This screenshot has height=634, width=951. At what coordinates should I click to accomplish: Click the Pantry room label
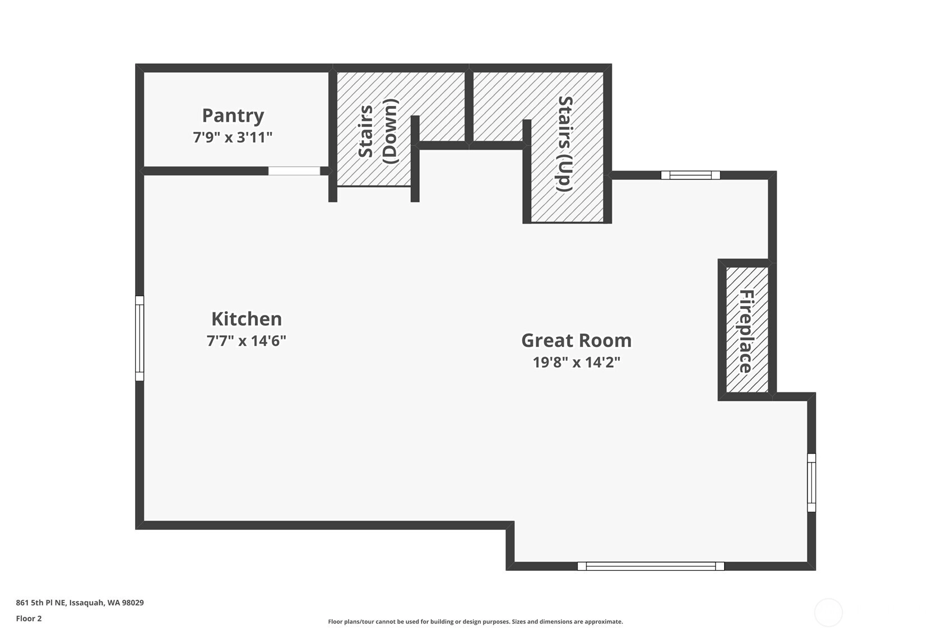[x=233, y=116]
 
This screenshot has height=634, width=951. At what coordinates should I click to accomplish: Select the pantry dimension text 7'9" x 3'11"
[x=233, y=137]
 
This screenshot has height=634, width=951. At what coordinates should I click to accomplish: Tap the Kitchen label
[x=247, y=319]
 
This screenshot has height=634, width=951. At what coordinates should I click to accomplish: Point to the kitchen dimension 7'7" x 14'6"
[x=247, y=341]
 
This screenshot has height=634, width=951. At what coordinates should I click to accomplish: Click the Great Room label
[x=577, y=341]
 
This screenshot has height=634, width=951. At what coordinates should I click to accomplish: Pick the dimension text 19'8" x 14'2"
[x=577, y=362]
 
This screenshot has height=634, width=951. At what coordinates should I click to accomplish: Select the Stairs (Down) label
[x=378, y=131]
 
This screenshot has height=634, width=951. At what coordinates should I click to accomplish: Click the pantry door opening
[x=294, y=171]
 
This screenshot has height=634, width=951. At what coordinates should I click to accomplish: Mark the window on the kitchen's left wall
[x=140, y=339]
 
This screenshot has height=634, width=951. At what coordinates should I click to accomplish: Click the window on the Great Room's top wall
[x=691, y=175]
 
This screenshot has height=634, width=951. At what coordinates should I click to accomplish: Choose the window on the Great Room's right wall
[x=811, y=483]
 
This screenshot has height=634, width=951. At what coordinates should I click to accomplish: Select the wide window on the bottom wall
[x=651, y=566]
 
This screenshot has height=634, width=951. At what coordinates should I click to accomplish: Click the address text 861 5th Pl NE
[x=41, y=603]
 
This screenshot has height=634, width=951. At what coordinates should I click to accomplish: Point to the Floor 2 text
[x=29, y=618]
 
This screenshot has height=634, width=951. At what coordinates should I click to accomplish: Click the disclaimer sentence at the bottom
[x=475, y=622]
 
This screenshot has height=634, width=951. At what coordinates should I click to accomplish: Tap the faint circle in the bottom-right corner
[x=828, y=612]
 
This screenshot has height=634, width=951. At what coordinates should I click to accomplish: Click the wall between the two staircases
[x=469, y=106]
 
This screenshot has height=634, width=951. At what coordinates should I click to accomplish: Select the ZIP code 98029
[x=133, y=603]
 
